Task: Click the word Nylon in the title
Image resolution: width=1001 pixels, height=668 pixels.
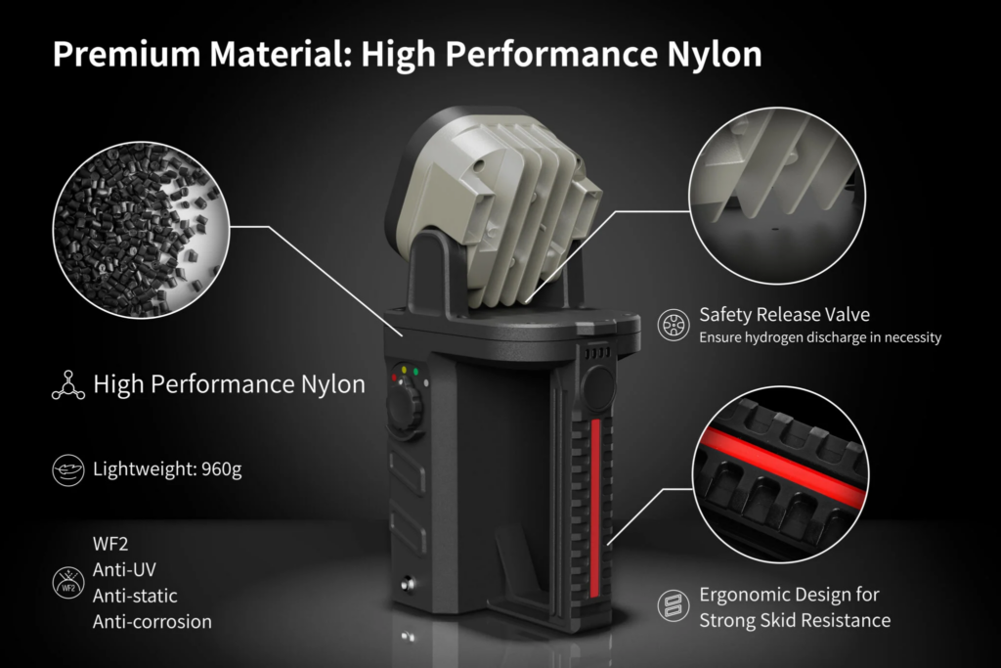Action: tap(715, 55)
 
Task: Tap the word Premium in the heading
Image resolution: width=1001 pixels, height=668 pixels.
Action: tap(126, 54)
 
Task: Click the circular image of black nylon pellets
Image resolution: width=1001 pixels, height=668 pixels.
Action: tap(141, 230)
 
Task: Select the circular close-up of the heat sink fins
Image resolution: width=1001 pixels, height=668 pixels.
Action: tap(777, 196)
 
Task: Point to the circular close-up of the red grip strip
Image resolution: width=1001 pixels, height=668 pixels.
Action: tap(780, 474)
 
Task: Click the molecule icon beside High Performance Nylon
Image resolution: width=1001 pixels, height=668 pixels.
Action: tap(68, 385)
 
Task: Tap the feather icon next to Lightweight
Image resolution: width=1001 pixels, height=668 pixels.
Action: tap(68, 470)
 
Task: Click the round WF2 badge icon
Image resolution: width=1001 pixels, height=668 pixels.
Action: tap(68, 583)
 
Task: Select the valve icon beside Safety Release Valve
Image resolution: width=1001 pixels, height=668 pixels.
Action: tap(674, 325)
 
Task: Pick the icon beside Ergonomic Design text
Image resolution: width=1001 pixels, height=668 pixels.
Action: tap(674, 605)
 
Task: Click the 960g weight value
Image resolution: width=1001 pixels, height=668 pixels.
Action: tap(222, 469)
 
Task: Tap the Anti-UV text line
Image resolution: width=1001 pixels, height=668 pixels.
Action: tap(124, 569)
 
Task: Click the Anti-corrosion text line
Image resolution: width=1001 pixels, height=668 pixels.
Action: tap(152, 621)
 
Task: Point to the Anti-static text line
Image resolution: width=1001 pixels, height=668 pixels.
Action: tap(135, 596)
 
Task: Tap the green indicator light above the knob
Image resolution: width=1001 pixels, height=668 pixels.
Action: tap(415, 372)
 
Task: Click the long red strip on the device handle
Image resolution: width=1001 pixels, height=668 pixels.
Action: tap(595, 509)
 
